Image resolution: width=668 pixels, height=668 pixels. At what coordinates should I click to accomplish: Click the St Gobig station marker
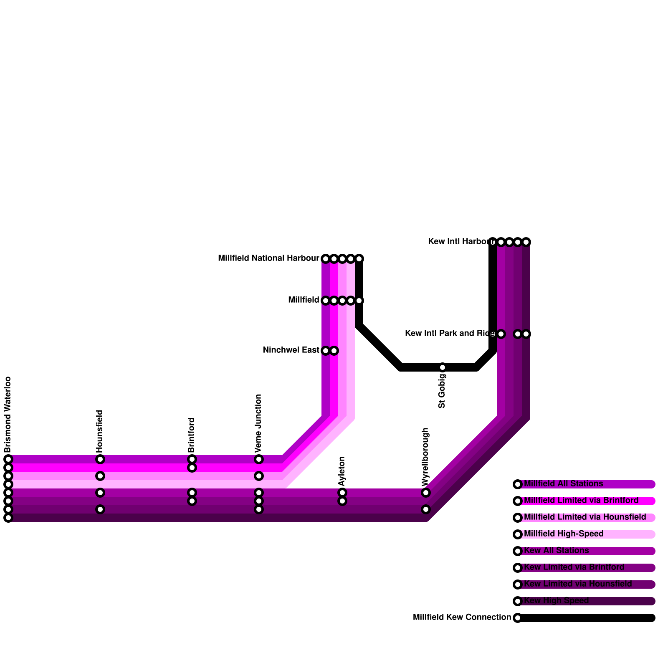tap(443, 367)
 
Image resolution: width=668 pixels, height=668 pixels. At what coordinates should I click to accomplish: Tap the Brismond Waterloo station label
tap(8, 415)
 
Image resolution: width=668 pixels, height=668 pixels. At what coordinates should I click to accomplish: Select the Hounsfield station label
tap(100, 431)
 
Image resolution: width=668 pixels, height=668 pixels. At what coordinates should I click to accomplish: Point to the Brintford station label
tap(192, 435)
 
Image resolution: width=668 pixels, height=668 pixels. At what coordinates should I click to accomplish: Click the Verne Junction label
tap(258, 423)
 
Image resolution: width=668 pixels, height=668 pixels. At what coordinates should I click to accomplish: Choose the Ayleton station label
tap(342, 471)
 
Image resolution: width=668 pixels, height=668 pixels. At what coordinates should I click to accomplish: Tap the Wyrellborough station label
tap(425, 457)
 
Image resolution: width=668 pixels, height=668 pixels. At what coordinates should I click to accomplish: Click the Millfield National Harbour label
tap(268, 258)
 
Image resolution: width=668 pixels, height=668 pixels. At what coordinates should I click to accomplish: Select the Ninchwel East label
tap(291, 350)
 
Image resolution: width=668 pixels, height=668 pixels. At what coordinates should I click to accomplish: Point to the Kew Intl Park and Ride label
tap(450, 334)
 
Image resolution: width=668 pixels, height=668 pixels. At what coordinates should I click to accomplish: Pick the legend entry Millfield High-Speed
tap(564, 534)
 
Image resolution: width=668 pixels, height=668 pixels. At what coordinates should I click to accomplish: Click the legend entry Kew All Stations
tap(556, 551)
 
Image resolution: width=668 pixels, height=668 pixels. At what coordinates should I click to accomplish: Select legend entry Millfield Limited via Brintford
tap(581, 501)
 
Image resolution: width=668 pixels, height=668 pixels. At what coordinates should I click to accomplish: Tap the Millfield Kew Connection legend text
tap(462, 617)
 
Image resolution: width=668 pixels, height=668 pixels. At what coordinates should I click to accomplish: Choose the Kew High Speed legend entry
tap(556, 601)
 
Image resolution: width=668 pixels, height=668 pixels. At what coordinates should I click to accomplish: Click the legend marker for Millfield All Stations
tap(518, 484)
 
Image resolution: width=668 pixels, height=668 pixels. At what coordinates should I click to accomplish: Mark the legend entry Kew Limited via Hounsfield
tap(578, 584)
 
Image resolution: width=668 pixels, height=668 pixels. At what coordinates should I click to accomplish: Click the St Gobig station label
tap(442, 391)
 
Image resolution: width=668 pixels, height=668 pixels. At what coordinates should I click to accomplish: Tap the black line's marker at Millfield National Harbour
tap(359, 259)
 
